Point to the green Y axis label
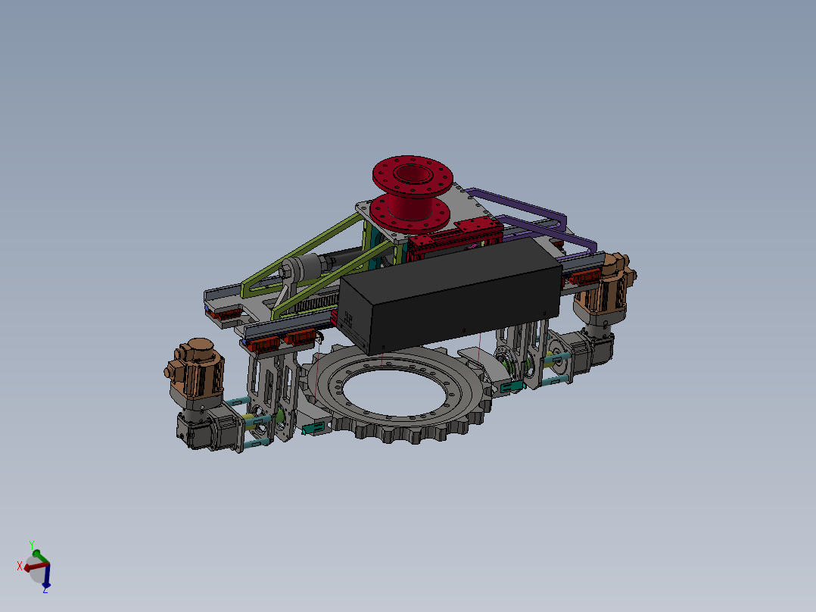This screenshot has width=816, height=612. (x=32, y=545)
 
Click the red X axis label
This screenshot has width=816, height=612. (x=20, y=566)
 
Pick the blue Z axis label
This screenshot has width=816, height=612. (x=45, y=590)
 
